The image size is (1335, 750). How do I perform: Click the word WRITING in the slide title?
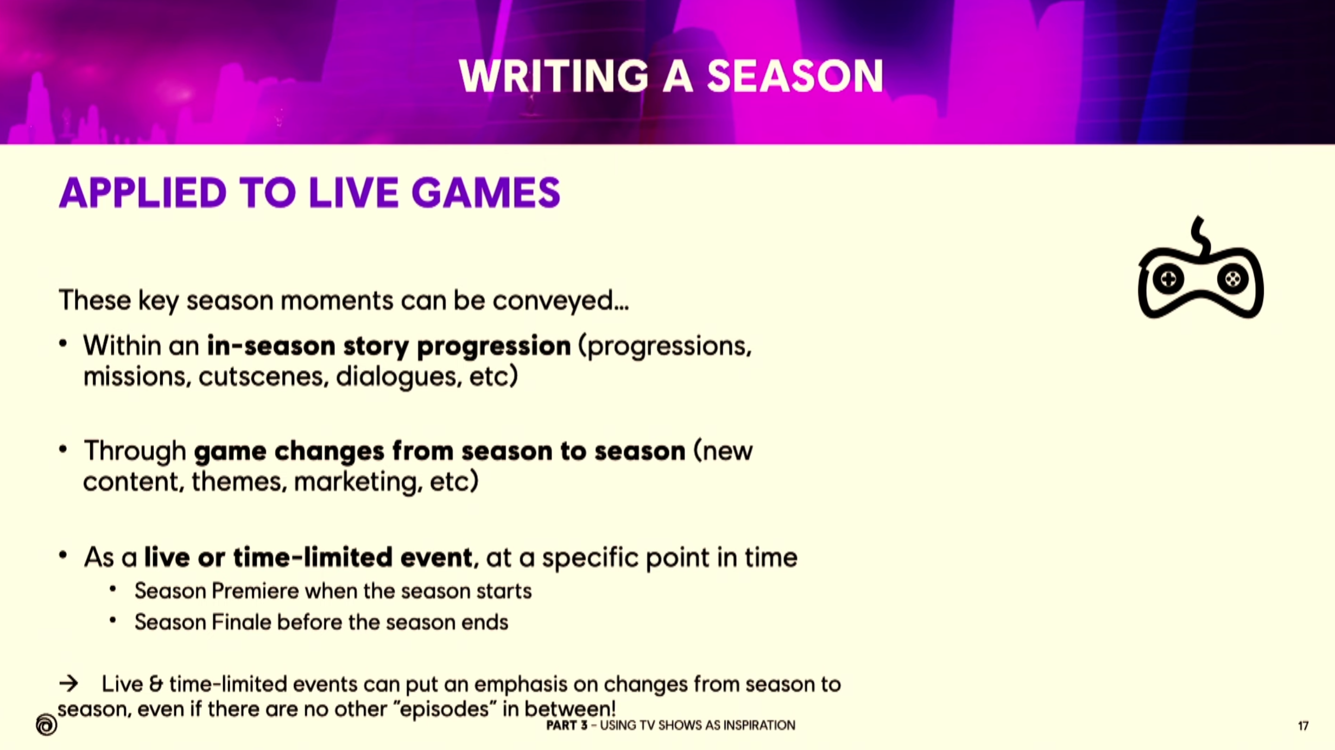click(553, 76)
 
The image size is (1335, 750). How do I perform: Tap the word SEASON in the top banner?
click(795, 76)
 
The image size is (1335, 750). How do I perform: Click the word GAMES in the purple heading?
click(485, 192)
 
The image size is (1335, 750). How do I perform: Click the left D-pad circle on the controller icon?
click(1168, 279)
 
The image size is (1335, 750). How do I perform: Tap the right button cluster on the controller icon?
click(1232, 279)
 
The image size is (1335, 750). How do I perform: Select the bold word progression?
click(493, 346)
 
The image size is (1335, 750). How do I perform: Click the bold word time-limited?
click(312, 557)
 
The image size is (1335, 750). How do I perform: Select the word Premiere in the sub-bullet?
click(255, 591)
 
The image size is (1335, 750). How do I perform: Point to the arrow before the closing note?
click(68, 683)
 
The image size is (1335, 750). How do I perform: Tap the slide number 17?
click(1303, 726)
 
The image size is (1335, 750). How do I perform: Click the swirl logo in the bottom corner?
click(46, 724)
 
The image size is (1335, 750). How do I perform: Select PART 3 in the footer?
click(566, 726)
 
